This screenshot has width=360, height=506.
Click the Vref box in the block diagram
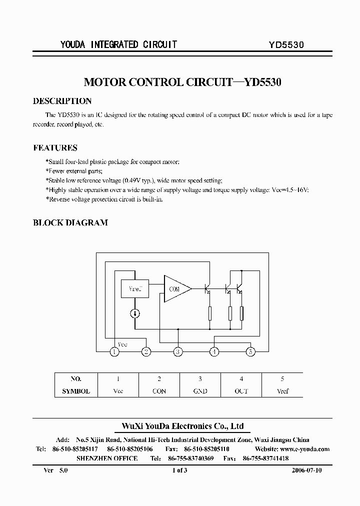coord(134,288)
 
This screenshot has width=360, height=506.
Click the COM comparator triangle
coord(175,289)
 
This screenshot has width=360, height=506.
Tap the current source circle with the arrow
coord(135,313)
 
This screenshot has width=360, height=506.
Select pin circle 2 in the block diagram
coord(146,352)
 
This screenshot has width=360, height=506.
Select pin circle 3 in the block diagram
coord(177,352)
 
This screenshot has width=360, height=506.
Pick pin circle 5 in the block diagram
coord(250,352)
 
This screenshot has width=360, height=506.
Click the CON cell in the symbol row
coord(159,391)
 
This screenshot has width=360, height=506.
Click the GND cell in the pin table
coord(200,391)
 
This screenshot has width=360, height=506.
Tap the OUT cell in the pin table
coord(241,391)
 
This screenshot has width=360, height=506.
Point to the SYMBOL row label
coord(75,391)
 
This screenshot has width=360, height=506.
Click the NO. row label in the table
coord(75,379)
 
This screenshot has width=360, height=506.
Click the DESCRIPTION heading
coord(62,101)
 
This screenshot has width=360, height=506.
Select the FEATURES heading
coord(55,148)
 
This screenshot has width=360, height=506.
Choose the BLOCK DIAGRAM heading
coord(70,223)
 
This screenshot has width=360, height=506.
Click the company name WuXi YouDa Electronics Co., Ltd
coord(183,426)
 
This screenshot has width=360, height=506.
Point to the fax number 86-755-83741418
coord(265,458)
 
